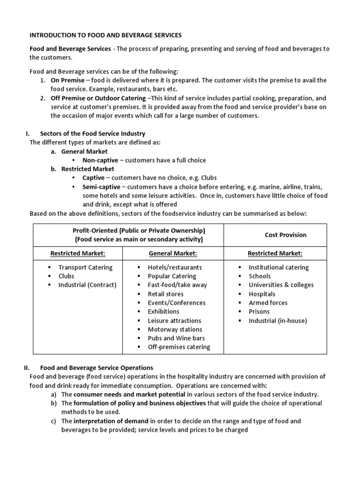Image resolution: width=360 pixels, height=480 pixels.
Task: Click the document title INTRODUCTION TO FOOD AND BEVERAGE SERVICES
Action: click(x=105, y=35)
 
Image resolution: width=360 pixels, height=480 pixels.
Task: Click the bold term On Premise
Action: click(x=68, y=81)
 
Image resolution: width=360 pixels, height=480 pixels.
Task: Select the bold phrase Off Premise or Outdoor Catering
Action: click(x=98, y=98)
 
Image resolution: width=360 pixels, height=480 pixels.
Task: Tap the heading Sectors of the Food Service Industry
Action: click(x=93, y=134)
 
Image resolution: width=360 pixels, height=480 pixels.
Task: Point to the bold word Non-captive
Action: click(x=100, y=160)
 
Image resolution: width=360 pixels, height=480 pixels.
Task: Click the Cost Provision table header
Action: click(x=285, y=235)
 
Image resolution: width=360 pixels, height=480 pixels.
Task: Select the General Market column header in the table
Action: click(x=173, y=254)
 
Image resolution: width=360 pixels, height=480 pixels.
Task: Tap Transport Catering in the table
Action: click(x=85, y=268)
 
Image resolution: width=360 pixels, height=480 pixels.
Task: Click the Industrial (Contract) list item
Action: click(x=87, y=285)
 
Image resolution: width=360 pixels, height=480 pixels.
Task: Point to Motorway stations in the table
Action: click(x=175, y=330)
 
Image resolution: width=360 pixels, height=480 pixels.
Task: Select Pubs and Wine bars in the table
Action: click(x=176, y=338)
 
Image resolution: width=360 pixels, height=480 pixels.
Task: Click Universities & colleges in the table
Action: click(x=281, y=285)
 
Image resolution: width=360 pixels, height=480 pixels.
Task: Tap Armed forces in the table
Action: click(x=268, y=303)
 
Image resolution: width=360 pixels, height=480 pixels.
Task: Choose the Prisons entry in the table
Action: click(x=259, y=312)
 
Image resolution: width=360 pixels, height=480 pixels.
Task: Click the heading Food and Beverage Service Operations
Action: click(x=97, y=368)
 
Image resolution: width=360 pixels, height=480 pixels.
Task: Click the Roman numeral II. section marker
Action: click(x=27, y=368)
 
